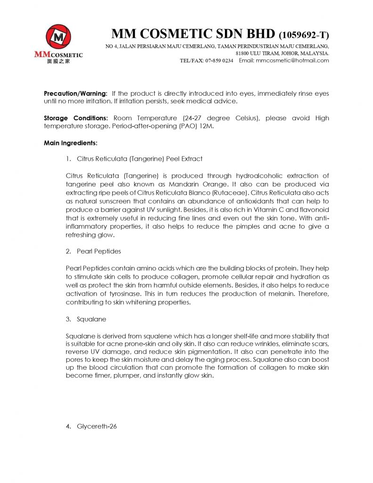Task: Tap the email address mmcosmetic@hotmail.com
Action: pyautogui.click(x=292, y=60)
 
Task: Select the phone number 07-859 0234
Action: pyautogui.click(x=219, y=60)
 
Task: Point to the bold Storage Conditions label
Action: pyautogui.click(x=76, y=118)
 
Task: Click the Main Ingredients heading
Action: pyautogui.click(x=71, y=142)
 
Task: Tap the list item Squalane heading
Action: pyautogui.click(x=91, y=319)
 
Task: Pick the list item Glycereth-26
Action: pyautogui.click(x=97, y=426)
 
